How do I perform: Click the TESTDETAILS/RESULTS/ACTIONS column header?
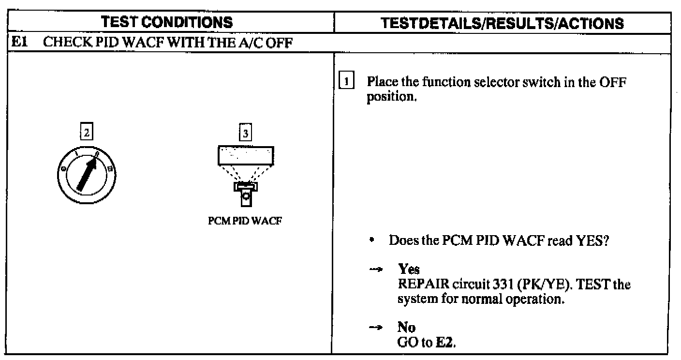[x=503, y=23]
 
